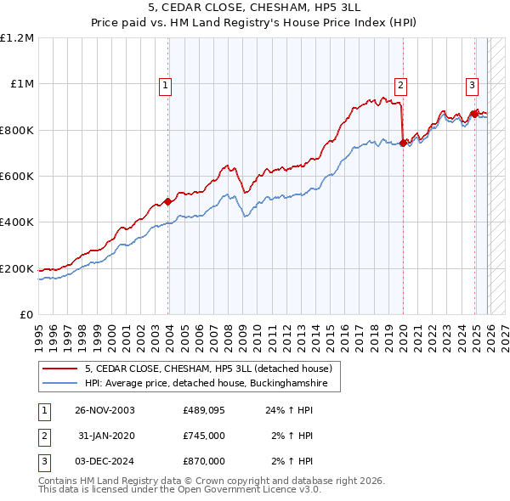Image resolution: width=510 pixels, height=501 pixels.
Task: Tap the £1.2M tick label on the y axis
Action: click(17, 37)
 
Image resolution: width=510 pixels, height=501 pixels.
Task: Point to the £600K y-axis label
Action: click(17, 176)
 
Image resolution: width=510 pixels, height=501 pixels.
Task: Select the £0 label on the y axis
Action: click(25, 314)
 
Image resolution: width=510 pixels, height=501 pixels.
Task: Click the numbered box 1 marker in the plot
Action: click(165, 84)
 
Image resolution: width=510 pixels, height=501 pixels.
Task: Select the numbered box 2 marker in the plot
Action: click(400, 84)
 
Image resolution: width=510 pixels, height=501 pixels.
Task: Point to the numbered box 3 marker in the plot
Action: click(472, 84)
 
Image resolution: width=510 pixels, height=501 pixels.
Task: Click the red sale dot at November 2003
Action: click(168, 201)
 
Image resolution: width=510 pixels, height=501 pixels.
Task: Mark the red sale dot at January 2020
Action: click(403, 144)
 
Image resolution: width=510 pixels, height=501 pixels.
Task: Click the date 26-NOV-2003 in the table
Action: click(105, 410)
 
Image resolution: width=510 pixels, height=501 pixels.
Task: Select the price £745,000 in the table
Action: click(203, 436)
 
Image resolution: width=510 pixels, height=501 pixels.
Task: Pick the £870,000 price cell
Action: click(203, 461)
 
